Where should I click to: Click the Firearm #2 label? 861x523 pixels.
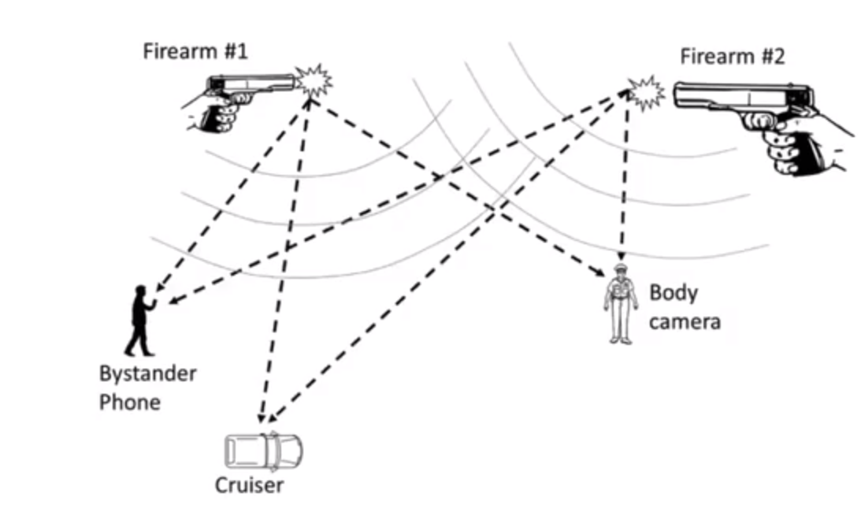pos(733,57)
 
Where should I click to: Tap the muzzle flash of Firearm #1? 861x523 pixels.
pos(313,80)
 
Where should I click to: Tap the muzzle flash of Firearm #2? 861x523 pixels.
pos(647,94)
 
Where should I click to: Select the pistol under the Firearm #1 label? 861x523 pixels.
pos(244,87)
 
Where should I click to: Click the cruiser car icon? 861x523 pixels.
pos(264,450)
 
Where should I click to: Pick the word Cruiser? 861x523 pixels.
pos(249,484)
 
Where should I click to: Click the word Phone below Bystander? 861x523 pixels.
pos(129,402)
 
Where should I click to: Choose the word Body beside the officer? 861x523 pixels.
pos(673,293)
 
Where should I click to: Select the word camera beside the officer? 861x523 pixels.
pos(685,321)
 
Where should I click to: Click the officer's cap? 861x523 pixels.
pos(621,269)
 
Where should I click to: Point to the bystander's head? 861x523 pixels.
pos(141,291)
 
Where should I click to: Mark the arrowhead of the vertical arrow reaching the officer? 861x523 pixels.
pos(622,258)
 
